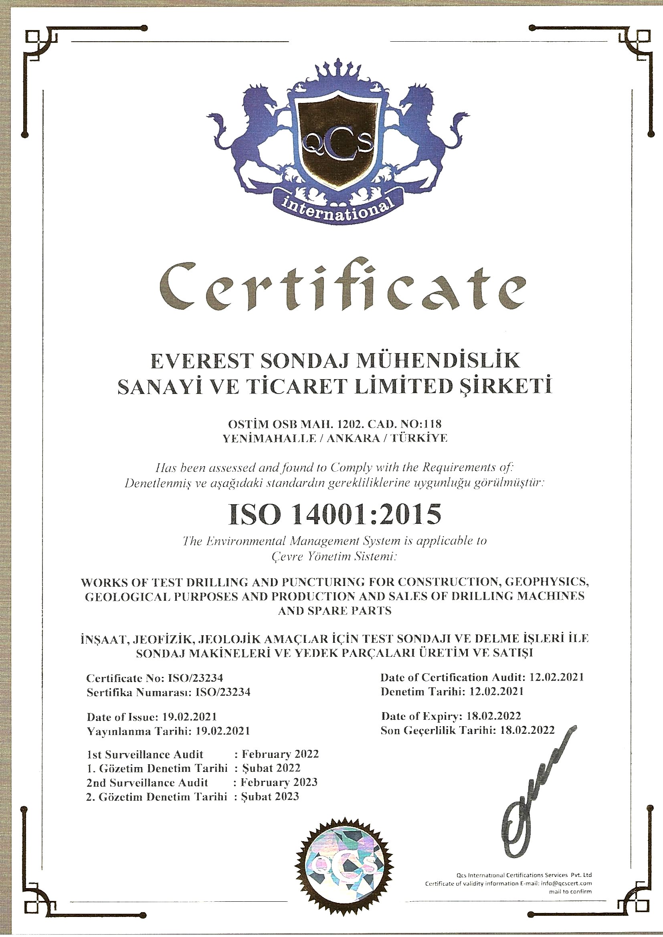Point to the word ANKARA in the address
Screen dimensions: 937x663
[353, 438]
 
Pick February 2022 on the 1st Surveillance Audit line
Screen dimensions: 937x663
[280, 754]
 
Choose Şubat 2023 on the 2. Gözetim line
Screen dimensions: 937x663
[270, 796]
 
